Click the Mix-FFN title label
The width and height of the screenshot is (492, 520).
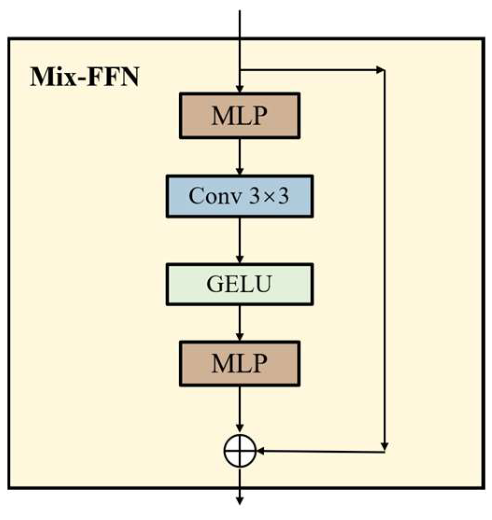click(84, 77)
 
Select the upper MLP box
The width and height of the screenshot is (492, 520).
click(239, 116)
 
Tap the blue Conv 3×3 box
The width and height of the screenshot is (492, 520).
click(239, 196)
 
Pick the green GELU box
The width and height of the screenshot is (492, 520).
click(239, 284)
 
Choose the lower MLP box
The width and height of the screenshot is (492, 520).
click(239, 363)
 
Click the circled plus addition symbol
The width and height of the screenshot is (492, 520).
click(240, 451)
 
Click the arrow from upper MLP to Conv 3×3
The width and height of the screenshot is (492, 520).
click(239, 156)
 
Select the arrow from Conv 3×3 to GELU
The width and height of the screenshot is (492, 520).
click(239, 240)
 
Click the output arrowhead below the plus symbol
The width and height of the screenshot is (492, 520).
click(240, 500)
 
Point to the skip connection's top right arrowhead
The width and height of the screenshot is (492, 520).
click(380, 70)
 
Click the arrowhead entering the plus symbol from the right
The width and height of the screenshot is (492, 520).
click(261, 451)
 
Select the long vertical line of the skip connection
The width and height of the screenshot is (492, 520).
click(384, 257)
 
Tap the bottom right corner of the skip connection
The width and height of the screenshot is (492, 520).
click(384, 451)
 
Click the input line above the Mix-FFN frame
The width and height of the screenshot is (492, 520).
click(239, 23)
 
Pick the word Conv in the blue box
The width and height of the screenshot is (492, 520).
click(210, 196)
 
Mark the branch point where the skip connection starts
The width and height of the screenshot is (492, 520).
click(239, 70)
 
